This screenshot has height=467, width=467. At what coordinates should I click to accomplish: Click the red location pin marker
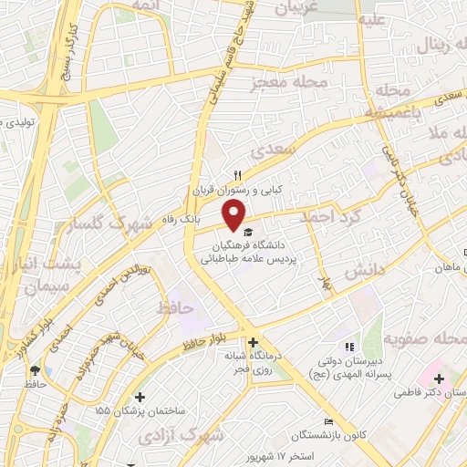click(235, 215)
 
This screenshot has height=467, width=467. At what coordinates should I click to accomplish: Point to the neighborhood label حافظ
click(176, 307)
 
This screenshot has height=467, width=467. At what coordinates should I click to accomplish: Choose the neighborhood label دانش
click(365, 271)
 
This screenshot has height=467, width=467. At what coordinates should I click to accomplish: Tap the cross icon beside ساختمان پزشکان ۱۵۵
click(140, 397)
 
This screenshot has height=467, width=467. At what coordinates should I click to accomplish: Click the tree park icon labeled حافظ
click(35, 370)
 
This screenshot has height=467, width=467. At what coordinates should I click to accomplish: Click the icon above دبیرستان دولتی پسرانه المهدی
click(348, 346)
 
